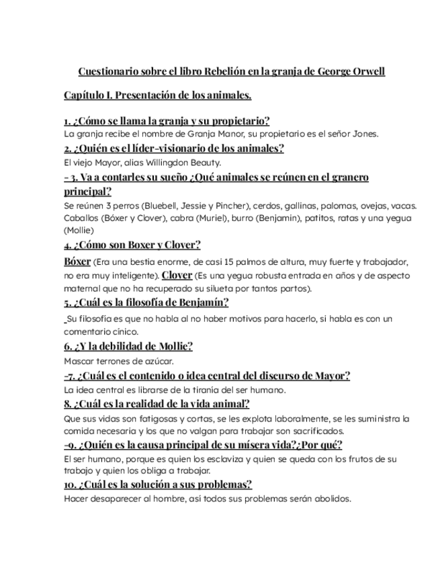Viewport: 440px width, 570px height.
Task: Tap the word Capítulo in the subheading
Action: tap(85, 95)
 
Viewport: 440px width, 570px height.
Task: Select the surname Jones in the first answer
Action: tap(365, 133)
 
